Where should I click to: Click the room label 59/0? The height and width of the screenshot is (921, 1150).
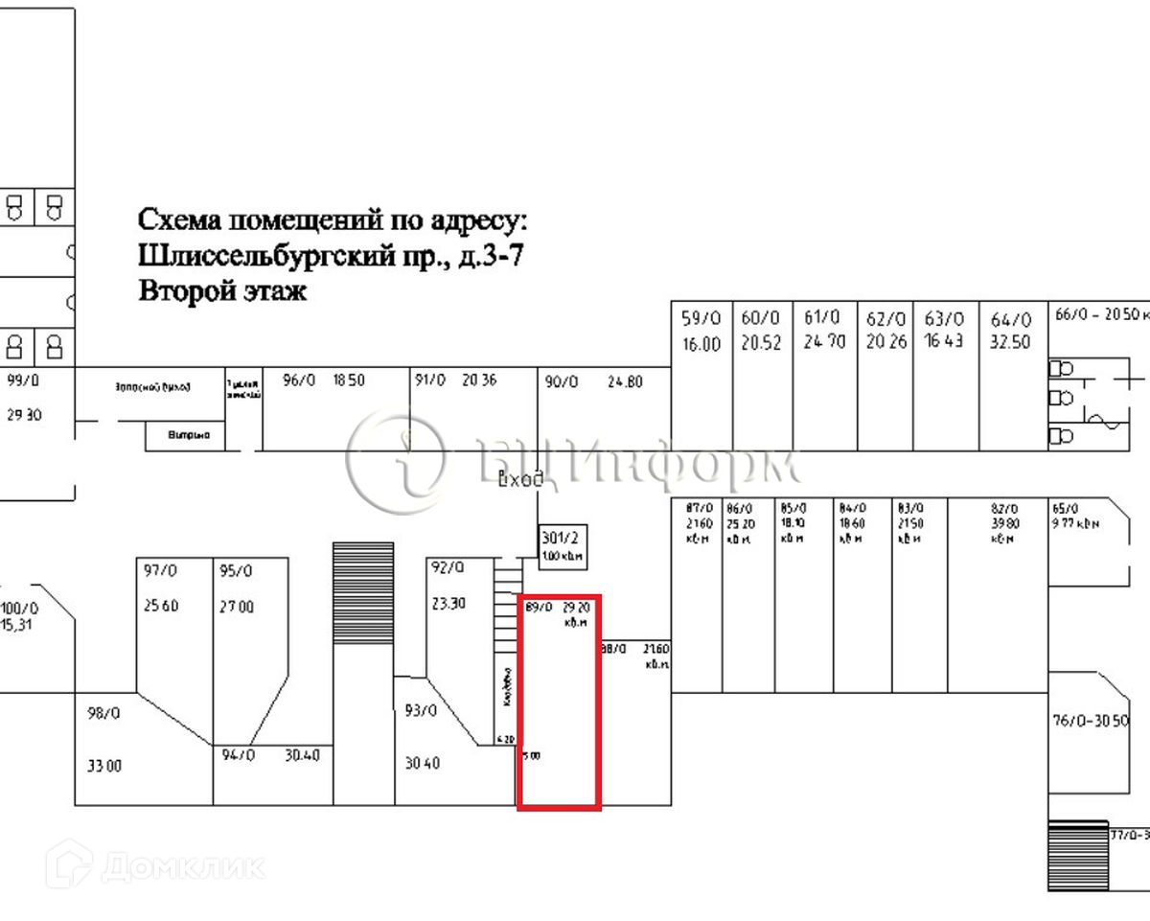[x=701, y=318]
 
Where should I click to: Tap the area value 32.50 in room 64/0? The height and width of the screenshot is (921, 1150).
[x=1011, y=343]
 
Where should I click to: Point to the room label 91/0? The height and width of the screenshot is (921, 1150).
[x=430, y=380]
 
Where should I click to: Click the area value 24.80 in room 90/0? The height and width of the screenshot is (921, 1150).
[x=625, y=381]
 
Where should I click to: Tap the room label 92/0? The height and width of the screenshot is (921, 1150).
[x=448, y=567]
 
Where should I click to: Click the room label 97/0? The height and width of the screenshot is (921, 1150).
[x=160, y=571]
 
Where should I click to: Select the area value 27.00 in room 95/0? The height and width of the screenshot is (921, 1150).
[x=236, y=607]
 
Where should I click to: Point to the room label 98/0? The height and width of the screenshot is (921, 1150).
[x=103, y=714]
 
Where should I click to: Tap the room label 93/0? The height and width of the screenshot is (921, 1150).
[x=421, y=711]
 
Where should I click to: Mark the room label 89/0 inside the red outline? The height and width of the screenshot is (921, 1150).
[x=540, y=607]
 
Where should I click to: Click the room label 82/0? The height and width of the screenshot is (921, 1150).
[x=1002, y=508]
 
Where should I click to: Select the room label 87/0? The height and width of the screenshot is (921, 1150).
[x=700, y=508]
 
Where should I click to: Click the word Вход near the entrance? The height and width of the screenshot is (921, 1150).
[x=521, y=480]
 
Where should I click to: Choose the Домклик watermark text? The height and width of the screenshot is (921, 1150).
[x=182, y=867]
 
